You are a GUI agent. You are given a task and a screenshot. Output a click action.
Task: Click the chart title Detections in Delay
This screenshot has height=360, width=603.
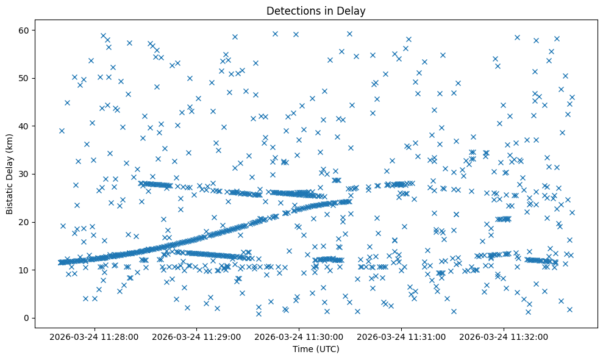point(316,10)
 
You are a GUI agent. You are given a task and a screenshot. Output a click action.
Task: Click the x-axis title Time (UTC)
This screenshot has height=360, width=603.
point(316,349)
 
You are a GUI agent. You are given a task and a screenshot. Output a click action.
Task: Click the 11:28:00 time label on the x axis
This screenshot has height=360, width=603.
point(95,336)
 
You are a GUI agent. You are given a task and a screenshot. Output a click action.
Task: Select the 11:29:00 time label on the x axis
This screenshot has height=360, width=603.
point(197,336)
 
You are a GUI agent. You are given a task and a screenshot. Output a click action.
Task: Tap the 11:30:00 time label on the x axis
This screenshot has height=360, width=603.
point(299,336)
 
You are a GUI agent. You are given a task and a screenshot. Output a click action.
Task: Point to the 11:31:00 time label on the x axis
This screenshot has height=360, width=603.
point(402,336)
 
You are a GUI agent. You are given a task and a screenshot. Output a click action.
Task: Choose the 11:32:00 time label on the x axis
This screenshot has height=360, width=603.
point(504,336)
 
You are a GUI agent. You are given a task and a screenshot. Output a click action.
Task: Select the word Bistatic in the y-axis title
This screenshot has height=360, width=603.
point(10,196)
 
